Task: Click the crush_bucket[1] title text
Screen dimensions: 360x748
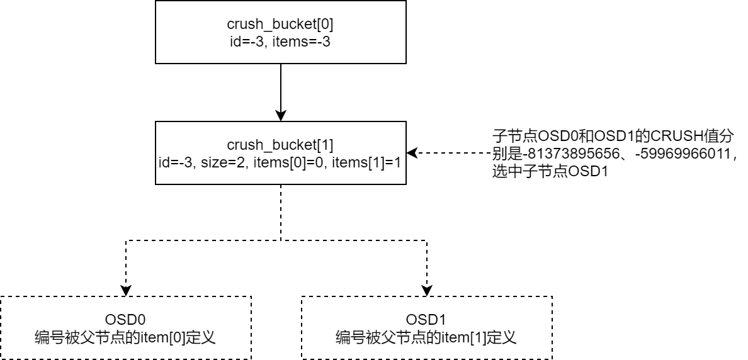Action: click(x=280, y=145)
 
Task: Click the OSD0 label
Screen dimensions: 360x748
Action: click(x=125, y=320)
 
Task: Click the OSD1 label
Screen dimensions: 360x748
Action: click(x=427, y=320)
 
